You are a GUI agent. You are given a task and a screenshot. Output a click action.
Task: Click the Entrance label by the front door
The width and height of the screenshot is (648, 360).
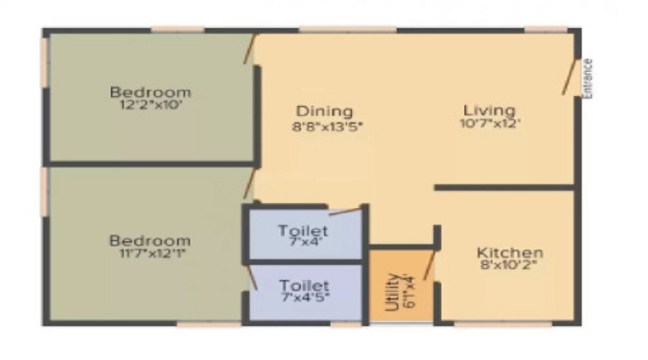pyautogui.click(x=588, y=79)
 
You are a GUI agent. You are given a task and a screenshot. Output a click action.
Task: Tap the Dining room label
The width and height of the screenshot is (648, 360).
pyautogui.click(x=325, y=111)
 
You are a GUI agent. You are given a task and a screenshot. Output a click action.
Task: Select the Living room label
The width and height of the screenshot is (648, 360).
pyautogui.click(x=490, y=110)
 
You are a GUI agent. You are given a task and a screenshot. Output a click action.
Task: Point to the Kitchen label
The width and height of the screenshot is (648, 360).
pyautogui.click(x=510, y=252)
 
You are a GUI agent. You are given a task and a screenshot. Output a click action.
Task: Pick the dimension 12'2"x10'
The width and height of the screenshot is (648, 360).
pyautogui.click(x=151, y=104)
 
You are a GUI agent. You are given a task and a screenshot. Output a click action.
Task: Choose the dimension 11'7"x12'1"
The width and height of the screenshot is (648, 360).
pyautogui.click(x=150, y=253)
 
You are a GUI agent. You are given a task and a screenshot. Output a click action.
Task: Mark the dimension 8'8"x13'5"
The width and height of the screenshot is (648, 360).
pyautogui.click(x=328, y=126)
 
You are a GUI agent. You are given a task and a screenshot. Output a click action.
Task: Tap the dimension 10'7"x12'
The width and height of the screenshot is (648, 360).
pyautogui.click(x=490, y=124)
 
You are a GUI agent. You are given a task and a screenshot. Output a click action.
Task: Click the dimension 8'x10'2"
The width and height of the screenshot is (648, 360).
pyautogui.click(x=509, y=264)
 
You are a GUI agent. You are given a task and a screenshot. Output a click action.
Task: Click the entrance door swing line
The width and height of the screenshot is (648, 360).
pyautogui.click(x=569, y=77)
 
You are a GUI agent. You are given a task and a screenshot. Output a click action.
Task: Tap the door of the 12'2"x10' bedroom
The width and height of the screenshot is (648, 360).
pyautogui.click(x=249, y=49)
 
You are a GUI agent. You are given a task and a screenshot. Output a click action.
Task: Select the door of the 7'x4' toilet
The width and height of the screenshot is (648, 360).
pyautogui.click(x=346, y=212)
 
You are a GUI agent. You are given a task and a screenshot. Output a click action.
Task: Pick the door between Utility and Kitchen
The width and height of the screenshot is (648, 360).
pyautogui.click(x=429, y=265)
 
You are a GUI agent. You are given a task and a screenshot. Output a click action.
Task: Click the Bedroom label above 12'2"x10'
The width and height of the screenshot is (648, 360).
pyautogui.click(x=150, y=91)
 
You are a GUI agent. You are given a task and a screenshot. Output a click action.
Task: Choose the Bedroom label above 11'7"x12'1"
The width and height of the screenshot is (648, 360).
pyautogui.click(x=150, y=240)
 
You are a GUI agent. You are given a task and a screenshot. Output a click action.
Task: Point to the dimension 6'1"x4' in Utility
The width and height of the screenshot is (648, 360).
pyautogui.click(x=409, y=291)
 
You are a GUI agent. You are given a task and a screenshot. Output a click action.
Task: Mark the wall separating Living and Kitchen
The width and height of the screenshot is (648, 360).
pyautogui.click(x=505, y=188)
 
